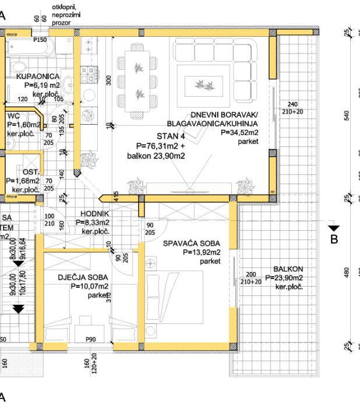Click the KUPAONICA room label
pyautogui.click(x=37, y=76)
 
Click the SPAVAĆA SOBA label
pyautogui.click(x=190, y=243)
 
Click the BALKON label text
pyautogui.click(x=287, y=270)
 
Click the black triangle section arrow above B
pyautogui.click(x=333, y=228)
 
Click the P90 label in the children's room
pyautogui.click(x=90, y=338)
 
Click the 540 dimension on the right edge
pyautogui.click(x=348, y=117)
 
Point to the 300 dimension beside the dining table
pyautogui.click(x=108, y=80)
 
